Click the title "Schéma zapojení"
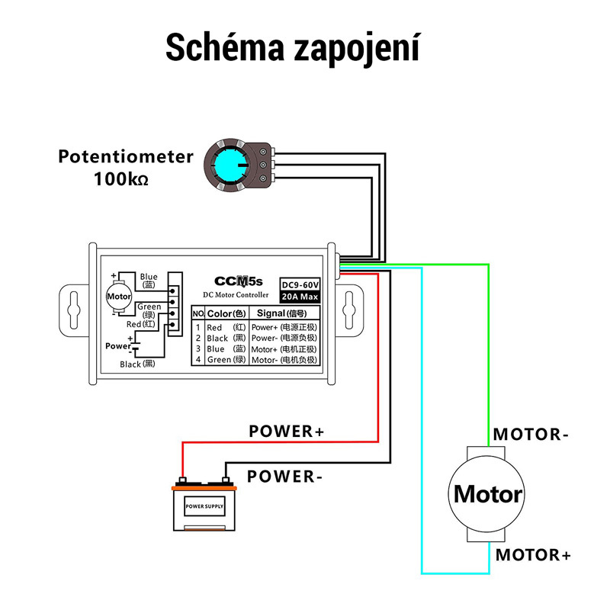point(293,47)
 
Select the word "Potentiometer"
point(126,157)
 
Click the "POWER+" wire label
point(286,432)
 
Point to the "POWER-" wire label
point(281,477)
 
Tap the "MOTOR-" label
point(531,435)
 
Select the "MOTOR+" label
point(533,554)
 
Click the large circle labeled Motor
point(488,494)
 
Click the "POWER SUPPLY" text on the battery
point(204,506)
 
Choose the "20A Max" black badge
point(298,296)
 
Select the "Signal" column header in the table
point(281,313)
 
